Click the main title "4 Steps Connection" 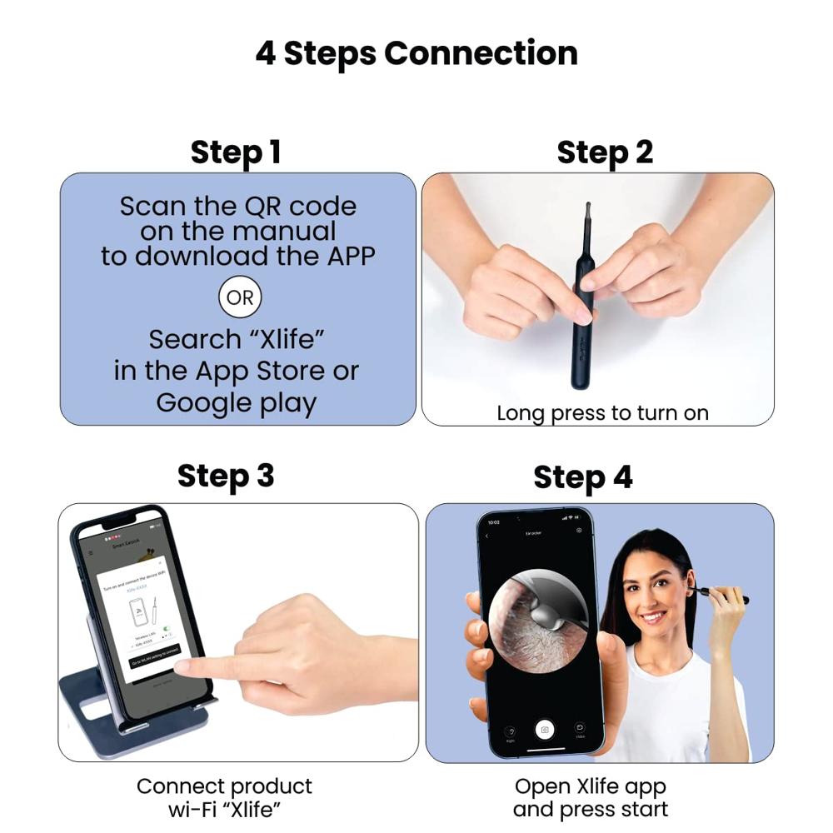click(416, 54)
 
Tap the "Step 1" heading click(236, 152)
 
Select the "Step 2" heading click(605, 152)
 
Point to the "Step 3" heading click(225, 476)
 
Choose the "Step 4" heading click(583, 477)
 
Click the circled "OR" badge click(240, 297)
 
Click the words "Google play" click(237, 402)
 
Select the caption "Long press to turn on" click(602, 412)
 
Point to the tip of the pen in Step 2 click(588, 206)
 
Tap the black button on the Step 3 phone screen click(154, 651)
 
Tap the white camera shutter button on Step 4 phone click(545, 730)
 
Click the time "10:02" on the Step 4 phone click(493, 521)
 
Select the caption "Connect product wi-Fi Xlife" click(225, 798)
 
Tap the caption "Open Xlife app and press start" click(591, 798)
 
